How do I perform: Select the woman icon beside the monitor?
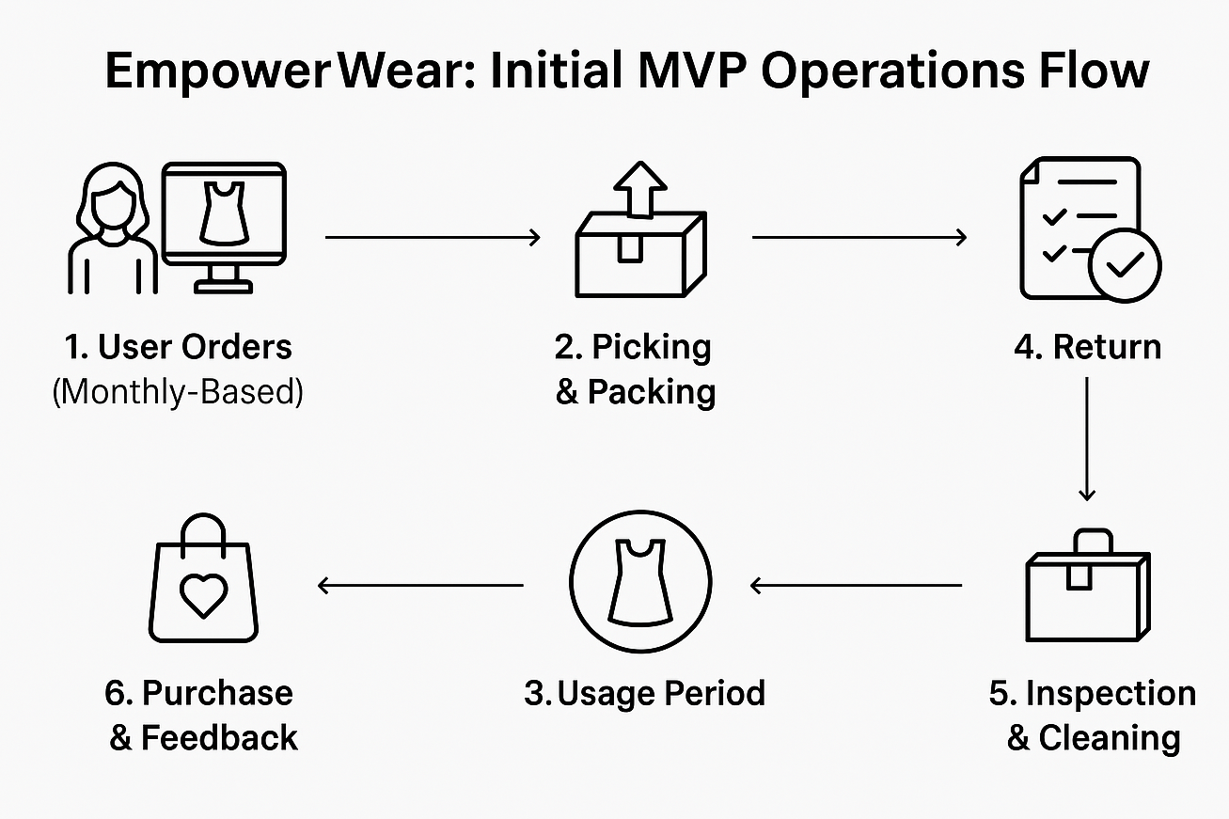point(113,228)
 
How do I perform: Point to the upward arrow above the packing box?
point(640,189)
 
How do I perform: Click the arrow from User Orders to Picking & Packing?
point(433,238)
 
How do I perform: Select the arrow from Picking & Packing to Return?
point(859,238)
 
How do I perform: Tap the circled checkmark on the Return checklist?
point(1125,265)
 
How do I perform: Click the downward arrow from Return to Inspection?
point(1087,439)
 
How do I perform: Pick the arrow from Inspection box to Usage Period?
point(856,585)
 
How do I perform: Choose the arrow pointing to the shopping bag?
point(421,585)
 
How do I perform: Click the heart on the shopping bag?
point(203,596)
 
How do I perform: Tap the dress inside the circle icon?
point(640,583)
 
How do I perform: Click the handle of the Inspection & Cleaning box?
point(1094,542)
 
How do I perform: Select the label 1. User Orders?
point(179,347)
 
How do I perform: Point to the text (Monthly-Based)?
point(178,392)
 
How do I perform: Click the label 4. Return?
point(1088,347)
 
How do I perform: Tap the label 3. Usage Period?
point(645,693)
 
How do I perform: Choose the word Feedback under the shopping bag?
point(219,737)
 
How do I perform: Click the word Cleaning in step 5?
point(1110,738)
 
